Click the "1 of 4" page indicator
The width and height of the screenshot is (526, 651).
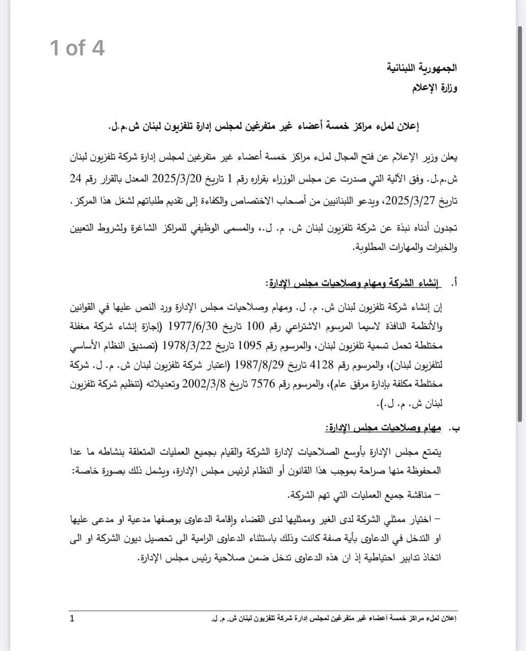click(77, 48)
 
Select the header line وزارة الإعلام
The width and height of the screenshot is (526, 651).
click(434, 88)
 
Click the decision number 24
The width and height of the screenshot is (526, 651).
click(76, 179)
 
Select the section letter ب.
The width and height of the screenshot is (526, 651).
click(456, 428)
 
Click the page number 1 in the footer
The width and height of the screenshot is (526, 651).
click(72, 618)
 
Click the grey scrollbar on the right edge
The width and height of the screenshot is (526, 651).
click(520, 224)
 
